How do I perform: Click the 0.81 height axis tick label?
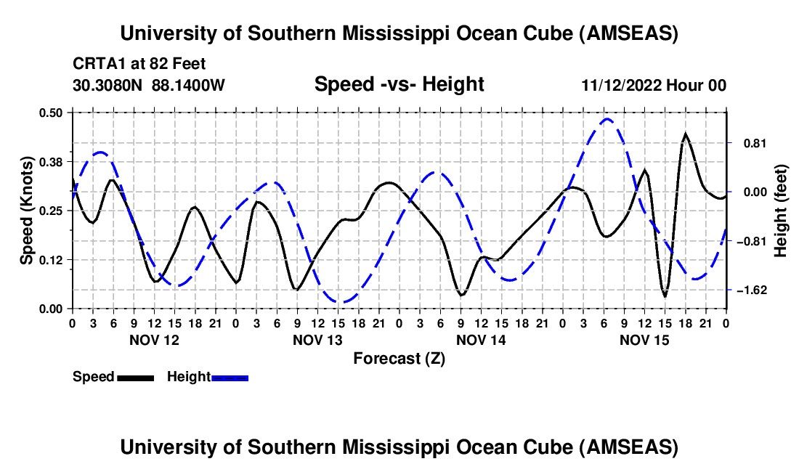(749, 143)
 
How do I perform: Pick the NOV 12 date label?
(153, 340)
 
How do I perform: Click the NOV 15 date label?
(644, 340)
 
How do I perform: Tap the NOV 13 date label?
(317, 340)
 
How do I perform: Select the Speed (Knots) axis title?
(27, 211)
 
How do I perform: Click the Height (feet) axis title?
(781, 211)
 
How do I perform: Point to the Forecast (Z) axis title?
(399, 358)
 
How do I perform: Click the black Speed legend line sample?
(135, 377)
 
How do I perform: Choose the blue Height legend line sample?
(230, 377)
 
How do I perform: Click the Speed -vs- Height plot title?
(399, 84)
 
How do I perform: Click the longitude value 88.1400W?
(189, 85)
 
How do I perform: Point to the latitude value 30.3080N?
(109, 85)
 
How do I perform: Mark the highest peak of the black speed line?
(685, 134)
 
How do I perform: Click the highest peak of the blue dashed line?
(607, 119)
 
